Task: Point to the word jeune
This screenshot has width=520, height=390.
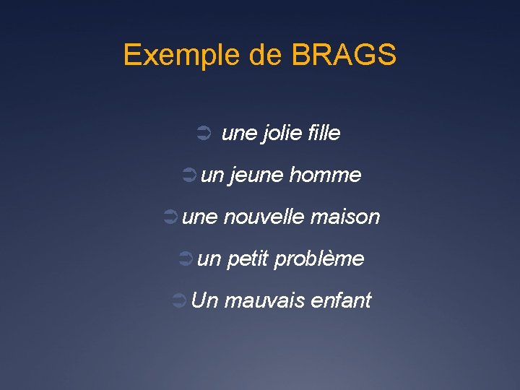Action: (256, 175)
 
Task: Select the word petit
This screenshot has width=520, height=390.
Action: (247, 259)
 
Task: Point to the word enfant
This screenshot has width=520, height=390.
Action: (340, 300)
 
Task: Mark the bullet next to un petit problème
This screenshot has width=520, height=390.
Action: (186, 259)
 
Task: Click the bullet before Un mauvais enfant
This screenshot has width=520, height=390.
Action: (181, 300)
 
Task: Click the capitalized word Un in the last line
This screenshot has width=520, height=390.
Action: (204, 300)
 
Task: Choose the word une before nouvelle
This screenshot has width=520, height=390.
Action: (199, 217)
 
